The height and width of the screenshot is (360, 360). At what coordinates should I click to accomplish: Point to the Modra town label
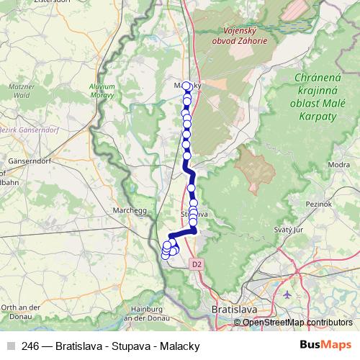point(338,165)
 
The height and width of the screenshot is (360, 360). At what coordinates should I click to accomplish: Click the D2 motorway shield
point(197,264)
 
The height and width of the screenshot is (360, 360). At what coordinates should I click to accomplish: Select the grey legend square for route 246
point(9,346)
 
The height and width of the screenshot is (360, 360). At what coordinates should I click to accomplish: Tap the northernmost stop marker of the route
point(186,86)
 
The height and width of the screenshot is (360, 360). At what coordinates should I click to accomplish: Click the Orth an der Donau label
point(14,311)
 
